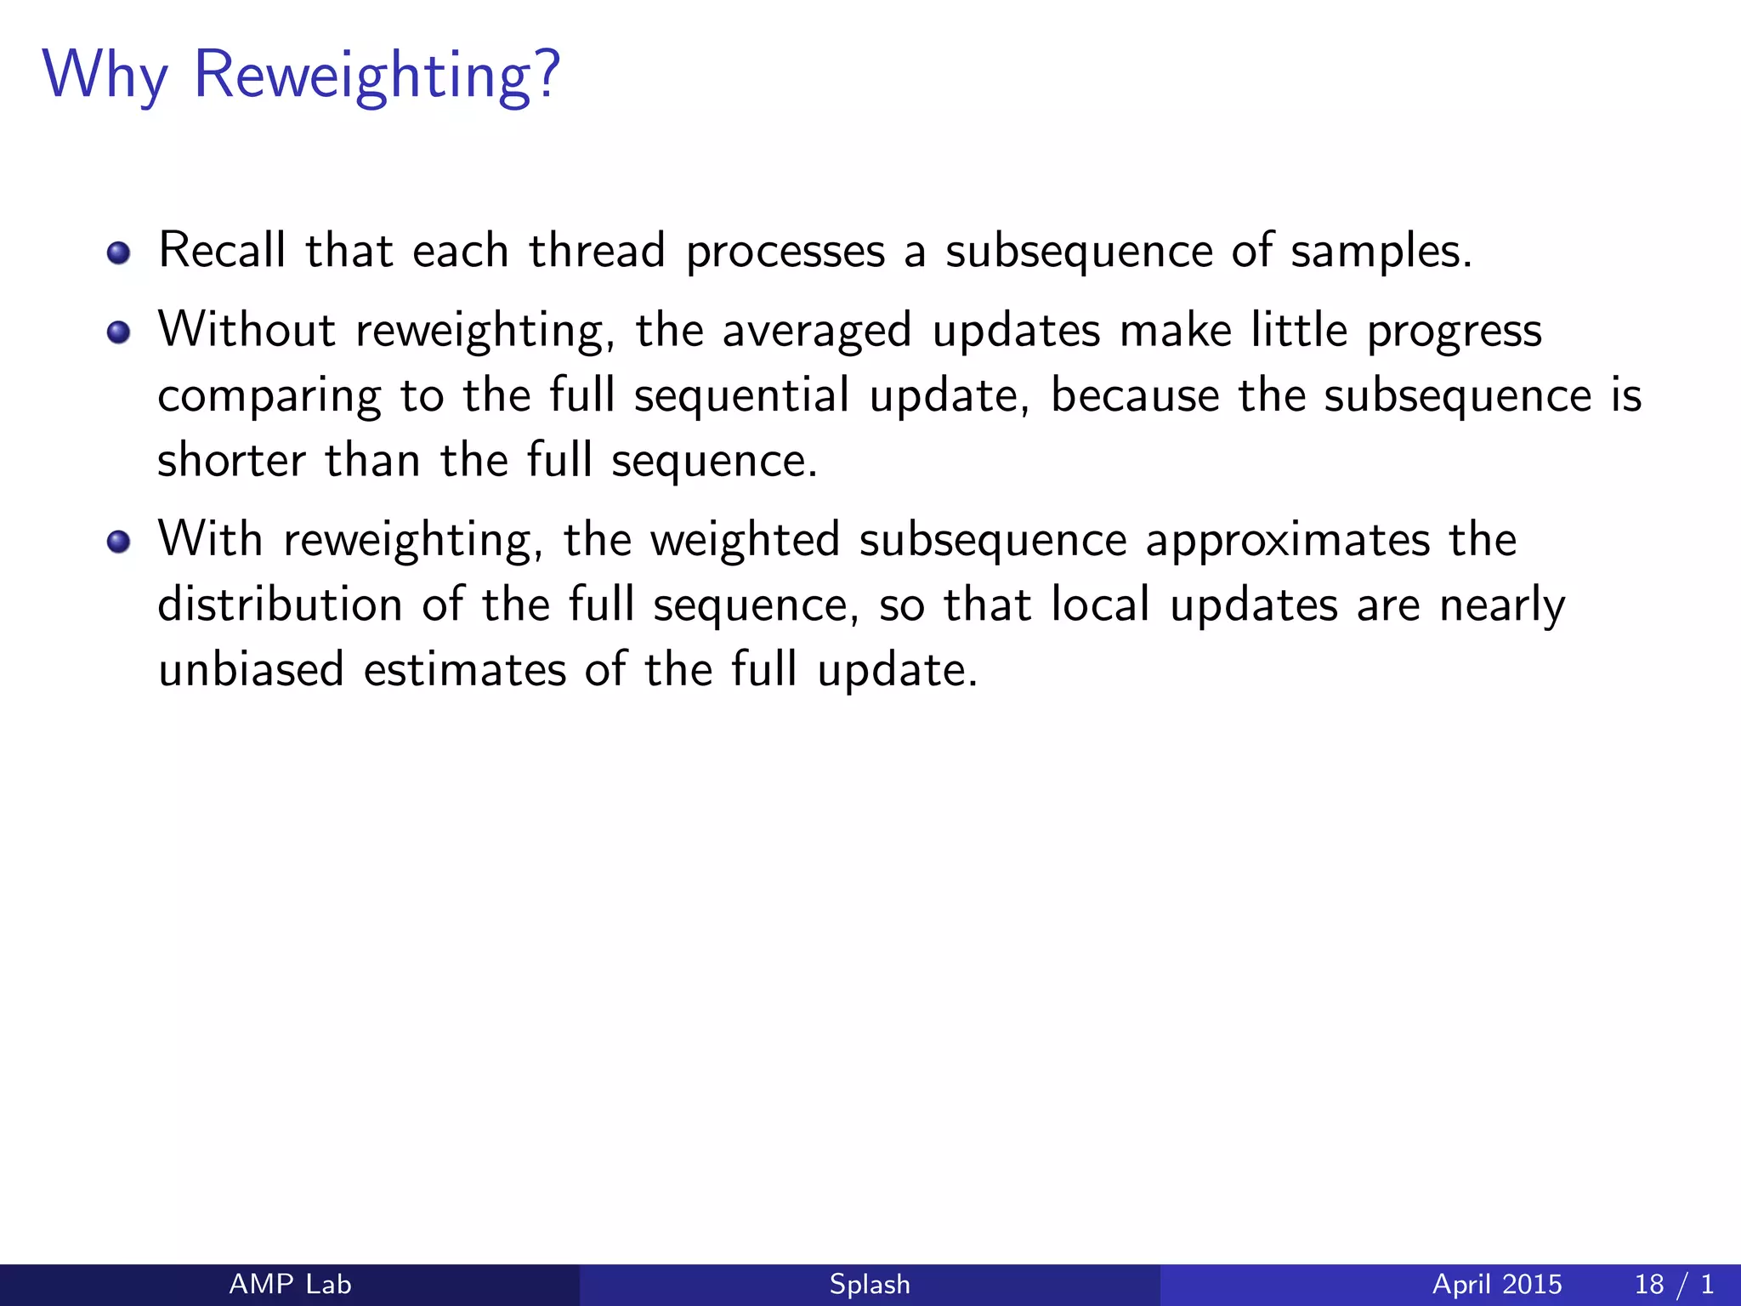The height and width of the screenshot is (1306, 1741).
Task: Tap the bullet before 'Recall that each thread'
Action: [x=119, y=253]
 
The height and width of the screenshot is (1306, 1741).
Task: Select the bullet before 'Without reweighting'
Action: [x=119, y=332]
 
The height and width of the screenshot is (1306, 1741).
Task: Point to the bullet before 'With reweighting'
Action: [x=119, y=542]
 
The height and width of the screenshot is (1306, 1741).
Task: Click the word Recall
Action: [x=222, y=251]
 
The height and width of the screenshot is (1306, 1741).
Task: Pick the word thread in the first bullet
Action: [x=597, y=251]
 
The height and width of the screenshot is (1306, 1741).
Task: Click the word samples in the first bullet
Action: [x=1380, y=253]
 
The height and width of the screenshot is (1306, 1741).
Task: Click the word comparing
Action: [x=269, y=397]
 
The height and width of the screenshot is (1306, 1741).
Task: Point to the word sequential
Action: [x=741, y=397]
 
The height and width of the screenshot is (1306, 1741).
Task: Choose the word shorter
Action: [x=231, y=461]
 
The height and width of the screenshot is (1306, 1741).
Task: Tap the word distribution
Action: [x=280, y=605]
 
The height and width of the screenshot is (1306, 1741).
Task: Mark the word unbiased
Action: [x=252, y=670]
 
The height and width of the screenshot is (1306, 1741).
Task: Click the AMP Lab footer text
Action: [x=290, y=1284]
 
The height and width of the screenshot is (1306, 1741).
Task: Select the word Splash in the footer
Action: [x=870, y=1284]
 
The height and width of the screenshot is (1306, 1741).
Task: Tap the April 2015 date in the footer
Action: [x=1497, y=1284]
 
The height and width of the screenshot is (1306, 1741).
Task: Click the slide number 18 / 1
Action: [x=1673, y=1284]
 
